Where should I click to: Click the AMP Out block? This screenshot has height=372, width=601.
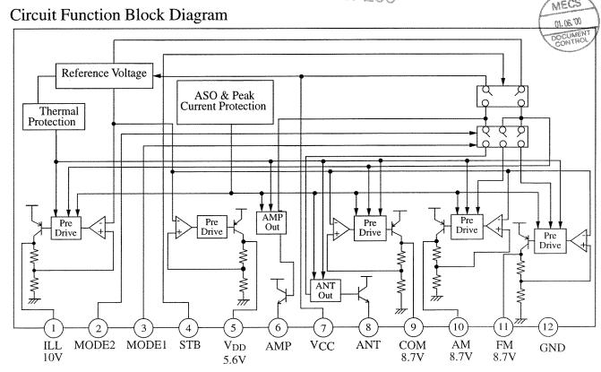[x=271, y=221]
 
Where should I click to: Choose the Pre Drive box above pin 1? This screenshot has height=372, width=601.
[x=64, y=227]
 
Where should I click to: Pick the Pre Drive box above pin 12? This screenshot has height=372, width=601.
[x=550, y=239]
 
